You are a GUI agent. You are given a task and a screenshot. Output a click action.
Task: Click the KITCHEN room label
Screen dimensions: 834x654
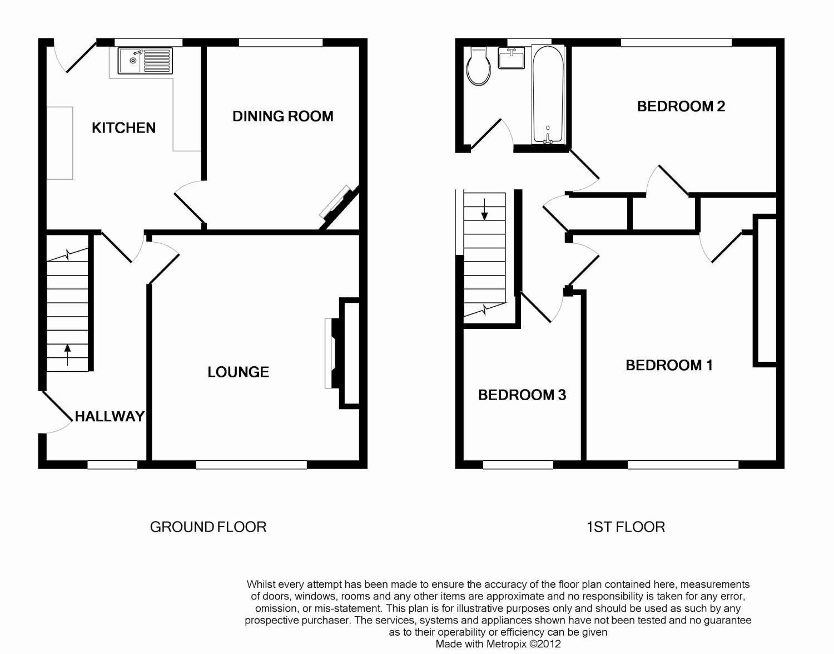point(123,128)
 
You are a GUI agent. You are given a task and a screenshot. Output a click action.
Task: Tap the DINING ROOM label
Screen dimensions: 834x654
point(283,116)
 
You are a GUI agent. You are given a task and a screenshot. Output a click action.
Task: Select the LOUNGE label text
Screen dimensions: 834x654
point(239,372)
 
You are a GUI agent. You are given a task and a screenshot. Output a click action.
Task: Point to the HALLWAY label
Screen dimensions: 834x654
point(110,416)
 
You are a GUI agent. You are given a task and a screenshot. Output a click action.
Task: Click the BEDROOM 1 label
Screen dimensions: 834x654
point(669,365)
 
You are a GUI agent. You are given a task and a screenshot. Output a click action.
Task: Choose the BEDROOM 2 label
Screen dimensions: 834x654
point(681,106)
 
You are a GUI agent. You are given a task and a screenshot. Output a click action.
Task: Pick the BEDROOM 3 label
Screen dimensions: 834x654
point(522,395)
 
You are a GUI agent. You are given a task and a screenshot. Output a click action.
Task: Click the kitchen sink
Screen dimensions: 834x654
point(145,61)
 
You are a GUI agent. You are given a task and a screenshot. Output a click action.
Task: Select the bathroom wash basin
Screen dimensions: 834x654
point(511,58)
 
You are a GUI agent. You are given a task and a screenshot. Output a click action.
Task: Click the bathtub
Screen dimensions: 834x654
point(548,95)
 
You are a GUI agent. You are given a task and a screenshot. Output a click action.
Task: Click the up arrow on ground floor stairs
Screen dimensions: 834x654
point(67,355)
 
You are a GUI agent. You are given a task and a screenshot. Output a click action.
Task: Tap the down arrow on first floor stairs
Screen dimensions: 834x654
point(484,209)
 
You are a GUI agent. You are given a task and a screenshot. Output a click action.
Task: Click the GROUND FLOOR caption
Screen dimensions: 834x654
point(208,527)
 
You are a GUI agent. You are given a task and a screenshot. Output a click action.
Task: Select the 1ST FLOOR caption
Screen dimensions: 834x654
point(625,527)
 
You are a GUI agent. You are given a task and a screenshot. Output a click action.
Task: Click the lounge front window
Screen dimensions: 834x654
point(251,465)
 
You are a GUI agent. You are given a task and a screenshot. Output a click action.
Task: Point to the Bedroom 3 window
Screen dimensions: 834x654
point(518,465)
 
